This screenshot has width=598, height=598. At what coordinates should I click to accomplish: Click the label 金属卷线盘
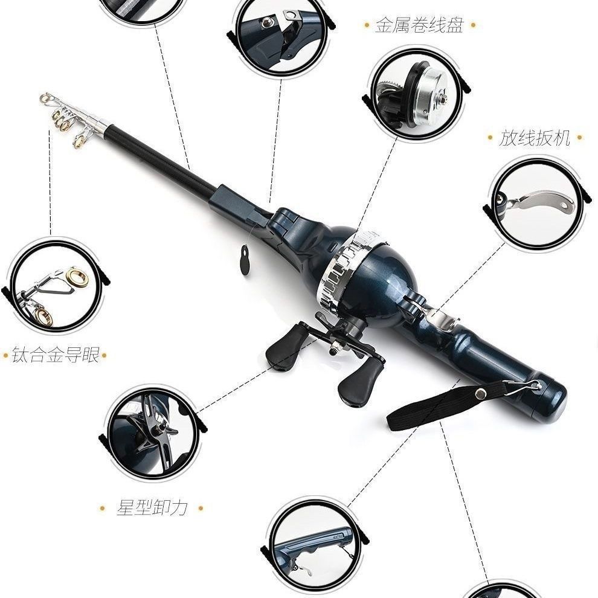(x=419, y=25)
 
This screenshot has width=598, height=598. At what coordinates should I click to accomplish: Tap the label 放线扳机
(x=535, y=137)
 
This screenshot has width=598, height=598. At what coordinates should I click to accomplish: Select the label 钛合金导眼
(x=56, y=355)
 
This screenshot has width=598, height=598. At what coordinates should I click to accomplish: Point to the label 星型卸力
(x=152, y=507)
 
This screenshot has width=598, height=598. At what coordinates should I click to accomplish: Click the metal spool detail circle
(x=416, y=92)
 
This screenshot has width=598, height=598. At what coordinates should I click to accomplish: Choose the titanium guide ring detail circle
(x=56, y=285)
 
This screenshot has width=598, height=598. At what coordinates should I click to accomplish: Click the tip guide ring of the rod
(x=45, y=98)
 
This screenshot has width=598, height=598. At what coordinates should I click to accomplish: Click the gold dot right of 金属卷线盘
(x=474, y=25)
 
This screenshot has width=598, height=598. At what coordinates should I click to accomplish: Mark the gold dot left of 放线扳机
(x=490, y=137)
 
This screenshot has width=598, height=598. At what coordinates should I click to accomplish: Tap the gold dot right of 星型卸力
(x=201, y=508)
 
